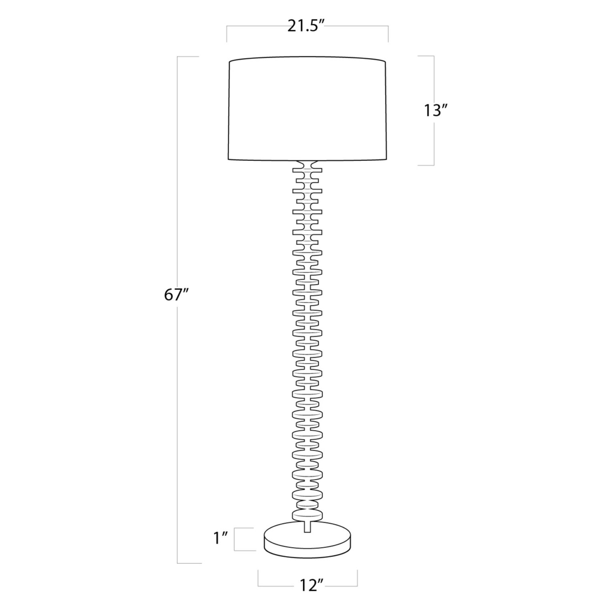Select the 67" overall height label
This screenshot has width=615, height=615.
click(176, 295)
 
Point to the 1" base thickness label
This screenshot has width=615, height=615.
click(221, 539)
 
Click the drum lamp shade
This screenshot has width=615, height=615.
click(307, 110)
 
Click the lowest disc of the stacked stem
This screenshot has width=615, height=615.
click(307, 515)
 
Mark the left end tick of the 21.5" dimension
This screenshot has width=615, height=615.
click(227, 34)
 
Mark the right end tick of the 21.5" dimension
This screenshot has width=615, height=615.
click(388, 34)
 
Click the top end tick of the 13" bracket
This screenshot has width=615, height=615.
click(426, 56)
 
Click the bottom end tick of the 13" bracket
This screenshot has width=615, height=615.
click(426, 165)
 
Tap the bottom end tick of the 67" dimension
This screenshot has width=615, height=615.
click(189, 563)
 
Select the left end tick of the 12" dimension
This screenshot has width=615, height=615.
click(258, 578)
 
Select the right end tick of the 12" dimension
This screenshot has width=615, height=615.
click(357, 578)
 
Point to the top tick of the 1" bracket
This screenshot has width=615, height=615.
click(244, 528)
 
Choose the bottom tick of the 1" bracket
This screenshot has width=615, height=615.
click(244, 551)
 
